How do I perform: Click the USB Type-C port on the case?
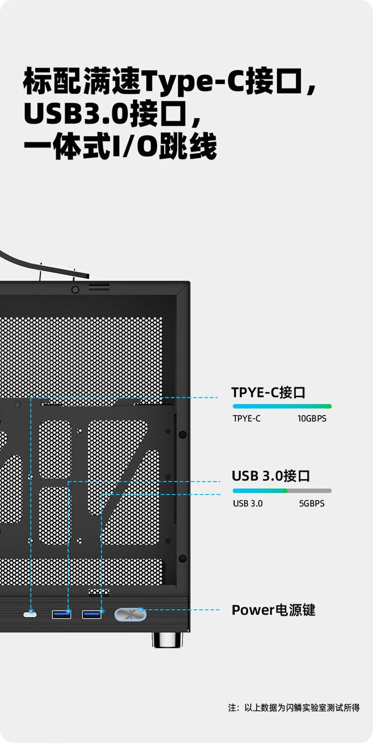tap(30, 614)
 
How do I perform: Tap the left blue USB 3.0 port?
tap(62, 614)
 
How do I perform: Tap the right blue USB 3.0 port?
tap(92, 614)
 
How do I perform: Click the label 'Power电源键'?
tap(273, 610)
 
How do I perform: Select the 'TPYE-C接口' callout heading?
tap(268, 392)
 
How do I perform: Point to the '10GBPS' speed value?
tap(312, 418)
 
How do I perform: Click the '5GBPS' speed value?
tap(311, 503)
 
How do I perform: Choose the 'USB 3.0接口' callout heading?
tap(271, 476)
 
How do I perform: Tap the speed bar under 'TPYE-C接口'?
tap(282, 406)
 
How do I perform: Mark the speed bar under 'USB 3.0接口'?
tap(282, 491)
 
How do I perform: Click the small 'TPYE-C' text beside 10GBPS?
tap(247, 418)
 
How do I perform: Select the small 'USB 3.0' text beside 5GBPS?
tap(248, 503)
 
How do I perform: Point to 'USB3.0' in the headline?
tap(76, 114)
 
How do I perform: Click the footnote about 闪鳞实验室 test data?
tap(294, 708)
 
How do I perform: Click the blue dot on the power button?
tap(141, 609)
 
